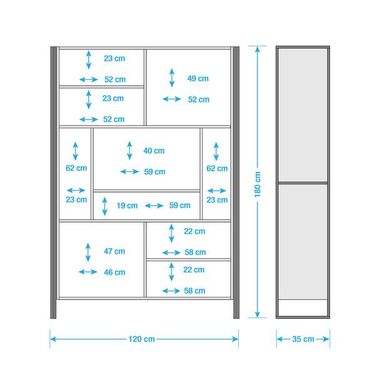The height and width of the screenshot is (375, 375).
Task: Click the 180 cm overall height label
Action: (x=257, y=184)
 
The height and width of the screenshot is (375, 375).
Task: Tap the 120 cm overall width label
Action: (x=142, y=339)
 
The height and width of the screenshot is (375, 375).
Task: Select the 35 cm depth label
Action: (x=303, y=339)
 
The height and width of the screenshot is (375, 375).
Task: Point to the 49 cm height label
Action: (x=197, y=79)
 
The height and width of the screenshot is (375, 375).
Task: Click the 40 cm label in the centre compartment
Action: (x=154, y=151)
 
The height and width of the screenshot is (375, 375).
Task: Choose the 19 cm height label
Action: (x=127, y=206)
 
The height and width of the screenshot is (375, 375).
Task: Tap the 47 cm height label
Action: (x=114, y=251)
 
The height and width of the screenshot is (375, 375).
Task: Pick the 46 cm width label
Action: (x=114, y=272)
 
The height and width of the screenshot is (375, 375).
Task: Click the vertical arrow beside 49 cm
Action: (x=172, y=78)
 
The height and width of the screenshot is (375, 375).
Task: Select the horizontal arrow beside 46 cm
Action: (x=88, y=272)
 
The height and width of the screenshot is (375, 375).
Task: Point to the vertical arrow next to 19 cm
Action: (x=105, y=206)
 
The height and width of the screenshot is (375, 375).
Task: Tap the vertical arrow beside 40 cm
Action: (x=129, y=150)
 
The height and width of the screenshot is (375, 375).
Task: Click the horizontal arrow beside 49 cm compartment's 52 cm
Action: (x=172, y=99)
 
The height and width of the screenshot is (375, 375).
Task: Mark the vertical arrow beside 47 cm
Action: (x=88, y=252)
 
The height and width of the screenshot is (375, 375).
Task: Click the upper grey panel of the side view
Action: (x=302, y=115)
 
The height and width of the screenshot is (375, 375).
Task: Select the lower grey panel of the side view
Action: (x=302, y=241)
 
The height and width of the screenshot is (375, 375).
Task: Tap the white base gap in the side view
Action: (x=302, y=307)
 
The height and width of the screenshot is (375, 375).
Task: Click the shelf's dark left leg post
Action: (x=53, y=182)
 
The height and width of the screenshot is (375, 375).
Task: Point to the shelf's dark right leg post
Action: (x=236, y=182)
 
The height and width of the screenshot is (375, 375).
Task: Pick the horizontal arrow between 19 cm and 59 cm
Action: (x=154, y=206)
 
